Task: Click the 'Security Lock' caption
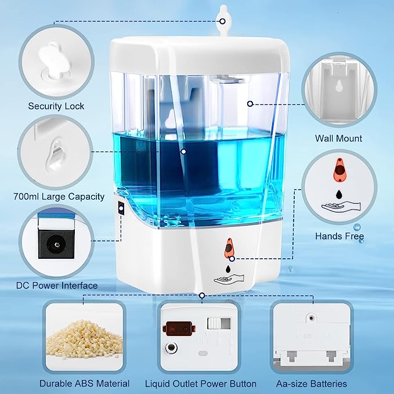pos(56,106)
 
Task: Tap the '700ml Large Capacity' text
pos(58,197)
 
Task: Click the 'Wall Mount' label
pos(338,138)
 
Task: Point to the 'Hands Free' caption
pos(339,236)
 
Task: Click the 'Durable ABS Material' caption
pos(84,384)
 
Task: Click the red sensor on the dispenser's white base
pos(231,248)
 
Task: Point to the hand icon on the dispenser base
pos(228,280)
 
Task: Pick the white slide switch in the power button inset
pos(218,323)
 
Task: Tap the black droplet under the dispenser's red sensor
pos(229,268)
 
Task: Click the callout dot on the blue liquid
pos(183,151)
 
